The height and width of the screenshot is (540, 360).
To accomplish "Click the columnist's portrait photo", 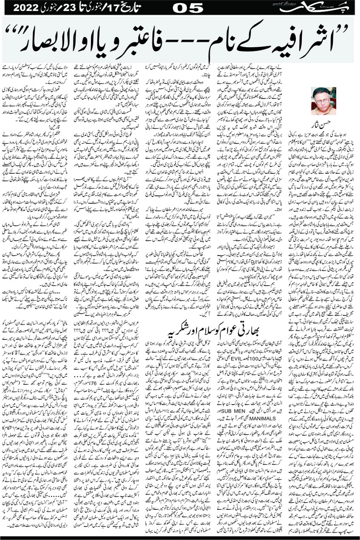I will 323,101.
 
